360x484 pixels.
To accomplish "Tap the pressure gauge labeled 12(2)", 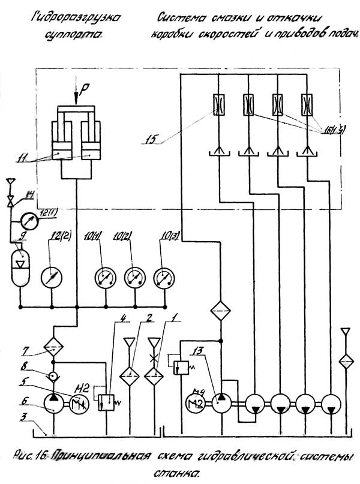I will click(x=52, y=277).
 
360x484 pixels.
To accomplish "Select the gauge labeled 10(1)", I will click(x=105, y=277).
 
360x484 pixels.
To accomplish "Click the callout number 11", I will click(x=22, y=158).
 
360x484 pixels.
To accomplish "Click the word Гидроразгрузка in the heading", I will click(x=76, y=17).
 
